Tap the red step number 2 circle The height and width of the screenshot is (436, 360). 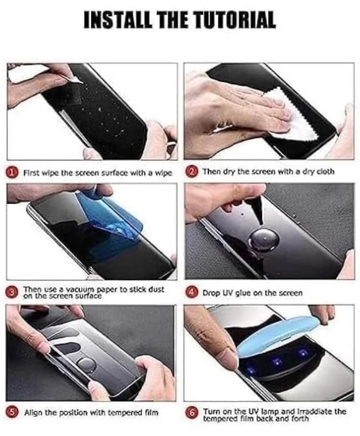pos(192,171)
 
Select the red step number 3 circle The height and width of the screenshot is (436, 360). pos(14,292)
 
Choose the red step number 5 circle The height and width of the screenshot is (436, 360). pos(14,412)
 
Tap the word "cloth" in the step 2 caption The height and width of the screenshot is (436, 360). pos(324,171)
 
